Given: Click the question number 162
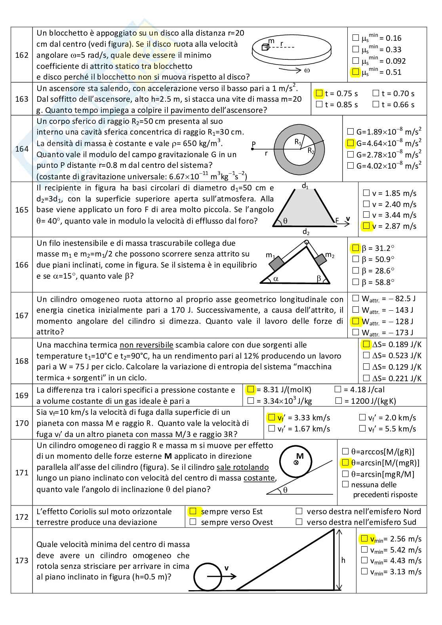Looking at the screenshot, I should tap(22, 55).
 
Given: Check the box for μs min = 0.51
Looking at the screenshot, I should tap(355, 72).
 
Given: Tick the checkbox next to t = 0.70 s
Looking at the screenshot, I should tap(376, 93).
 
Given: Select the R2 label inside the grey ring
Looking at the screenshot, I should tap(312, 150).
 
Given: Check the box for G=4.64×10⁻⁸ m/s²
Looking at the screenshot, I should tap(350, 143).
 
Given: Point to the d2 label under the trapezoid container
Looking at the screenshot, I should tap(306, 232).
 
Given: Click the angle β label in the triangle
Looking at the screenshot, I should tap(319, 279).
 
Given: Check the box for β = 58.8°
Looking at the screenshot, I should tap(355, 282).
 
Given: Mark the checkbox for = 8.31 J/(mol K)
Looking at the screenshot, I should tap(250, 389).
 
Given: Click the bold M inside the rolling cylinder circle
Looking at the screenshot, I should tap(300, 456).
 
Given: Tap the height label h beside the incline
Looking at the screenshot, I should tap(343, 560).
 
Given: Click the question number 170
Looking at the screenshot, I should tap(22, 423).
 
